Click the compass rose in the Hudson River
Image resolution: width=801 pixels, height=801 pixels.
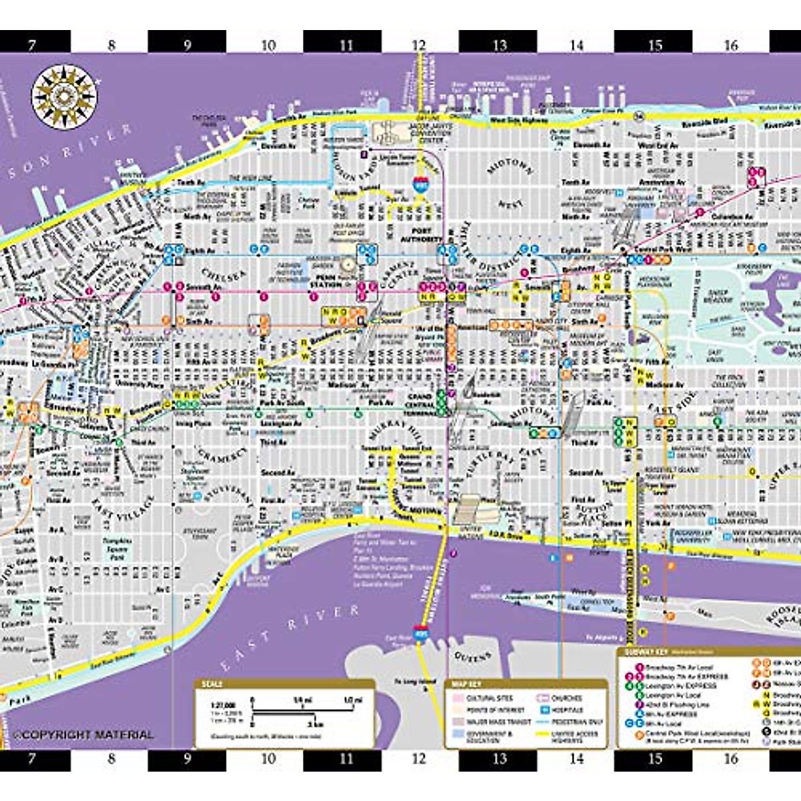coord(65,97)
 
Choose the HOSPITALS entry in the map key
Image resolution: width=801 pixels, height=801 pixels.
coord(567,710)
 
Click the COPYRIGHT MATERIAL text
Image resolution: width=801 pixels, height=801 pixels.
coord(83,734)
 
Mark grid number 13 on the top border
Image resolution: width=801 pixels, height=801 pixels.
coord(499,45)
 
